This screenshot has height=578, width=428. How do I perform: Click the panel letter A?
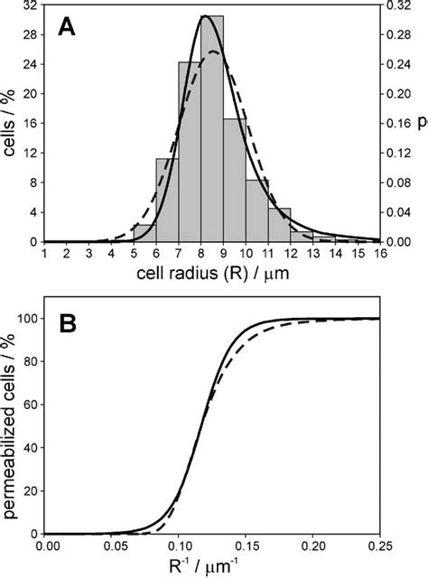(x=67, y=27)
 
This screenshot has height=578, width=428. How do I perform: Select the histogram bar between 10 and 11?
(x=256, y=210)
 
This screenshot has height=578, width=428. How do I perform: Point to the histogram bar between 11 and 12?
(x=279, y=226)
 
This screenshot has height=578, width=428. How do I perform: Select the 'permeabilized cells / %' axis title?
(x=10, y=424)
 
